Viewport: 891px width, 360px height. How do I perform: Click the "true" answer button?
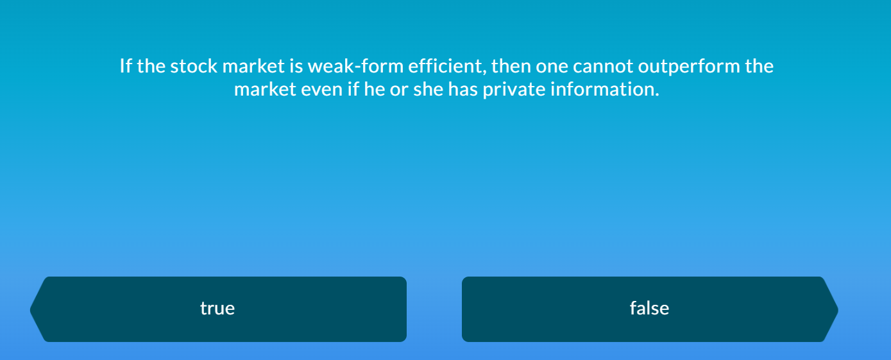(x=218, y=309)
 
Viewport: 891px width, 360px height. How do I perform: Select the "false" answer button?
(x=649, y=309)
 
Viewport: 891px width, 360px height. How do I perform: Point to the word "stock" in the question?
(x=194, y=67)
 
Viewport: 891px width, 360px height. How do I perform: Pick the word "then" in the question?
(x=511, y=67)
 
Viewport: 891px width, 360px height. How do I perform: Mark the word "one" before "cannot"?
(x=552, y=67)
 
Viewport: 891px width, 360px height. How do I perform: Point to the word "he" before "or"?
(x=375, y=89)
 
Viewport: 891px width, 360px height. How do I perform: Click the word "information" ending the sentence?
(x=605, y=89)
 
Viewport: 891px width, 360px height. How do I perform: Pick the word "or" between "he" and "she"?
(x=398, y=89)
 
